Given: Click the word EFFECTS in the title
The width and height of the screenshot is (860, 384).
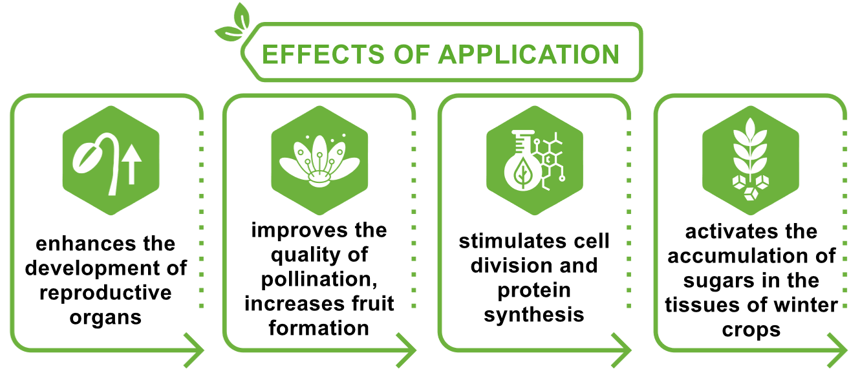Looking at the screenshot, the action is pyautogui.click(x=323, y=54).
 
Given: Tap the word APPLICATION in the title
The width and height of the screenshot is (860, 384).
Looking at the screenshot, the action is pyautogui.click(x=529, y=54).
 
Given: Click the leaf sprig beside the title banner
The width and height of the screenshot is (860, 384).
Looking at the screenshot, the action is pyautogui.click(x=233, y=23).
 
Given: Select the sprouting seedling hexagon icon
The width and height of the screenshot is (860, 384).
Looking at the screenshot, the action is pyautogui.click(x=111, y=160).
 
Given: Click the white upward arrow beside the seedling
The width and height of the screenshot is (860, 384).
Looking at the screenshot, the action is pyautogui.click(x=132, y=164).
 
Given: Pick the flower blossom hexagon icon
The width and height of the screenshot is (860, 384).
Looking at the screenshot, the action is pyautogui.click(x=319, y=160).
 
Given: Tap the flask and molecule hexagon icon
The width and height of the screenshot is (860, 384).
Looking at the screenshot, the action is pyautogui.click(x=535, y=160).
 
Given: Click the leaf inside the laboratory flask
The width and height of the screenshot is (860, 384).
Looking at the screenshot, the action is pyautogui.click(x=522, y=173).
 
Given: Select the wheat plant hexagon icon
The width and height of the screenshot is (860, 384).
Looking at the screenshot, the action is pyautogui.click(x=751, y=160).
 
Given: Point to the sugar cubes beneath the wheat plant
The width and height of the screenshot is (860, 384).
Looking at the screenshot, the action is pyautogui.click(x=751, y=187).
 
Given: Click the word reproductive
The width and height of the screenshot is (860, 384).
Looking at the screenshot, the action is pyautogui.click(x=105, y=293).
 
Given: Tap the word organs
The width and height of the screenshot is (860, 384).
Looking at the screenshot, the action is pyautogui.click(x=105, y=318).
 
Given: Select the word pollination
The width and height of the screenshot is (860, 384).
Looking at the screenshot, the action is pyautogui.click(x=319, y=280).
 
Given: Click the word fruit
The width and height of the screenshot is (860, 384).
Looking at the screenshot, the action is pyautogui.click(x=373, y=303).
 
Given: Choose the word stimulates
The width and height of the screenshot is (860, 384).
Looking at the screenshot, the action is pyautogui.click(x=508, y=241).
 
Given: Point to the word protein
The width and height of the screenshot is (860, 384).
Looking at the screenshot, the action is pyautogui.click(x=534, y=291).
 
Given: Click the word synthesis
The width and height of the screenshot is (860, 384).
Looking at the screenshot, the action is pyautogui.click(x=534, y=315).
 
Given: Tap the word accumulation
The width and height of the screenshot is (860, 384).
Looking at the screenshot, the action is pyautogui.click(x=730, y=256).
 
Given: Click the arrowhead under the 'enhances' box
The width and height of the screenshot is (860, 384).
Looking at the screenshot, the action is pyautogui.click(x=194, y=350).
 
